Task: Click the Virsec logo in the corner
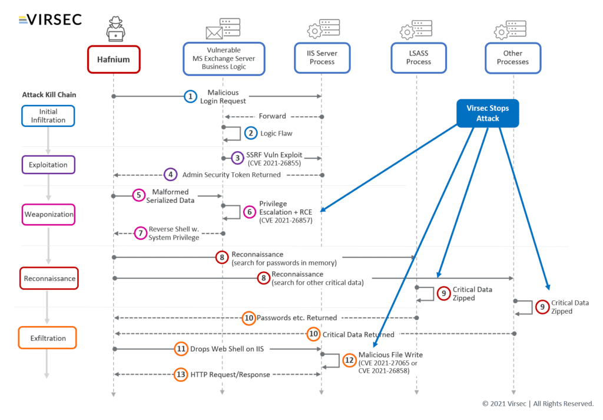tap(50, 19)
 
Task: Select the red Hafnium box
tap(114, 59)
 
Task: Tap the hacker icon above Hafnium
tap(115, 28)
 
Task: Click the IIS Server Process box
tap(322, 57)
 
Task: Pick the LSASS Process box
tap(418, 57)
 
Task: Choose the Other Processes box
tap(512, 57)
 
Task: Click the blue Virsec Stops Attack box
tap(488, 113)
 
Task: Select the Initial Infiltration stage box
tap(48, 116)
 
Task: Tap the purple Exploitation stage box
tap(48, 165)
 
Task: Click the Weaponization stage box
tap(48, 214)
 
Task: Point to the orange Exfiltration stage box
tap(48, 339)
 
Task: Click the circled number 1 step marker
tap(190, 97)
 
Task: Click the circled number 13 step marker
tap(181, 375)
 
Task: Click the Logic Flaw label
tap(276, 133)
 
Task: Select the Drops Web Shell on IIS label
tap(227, 349)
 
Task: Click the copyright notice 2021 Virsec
tap(538, 403)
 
